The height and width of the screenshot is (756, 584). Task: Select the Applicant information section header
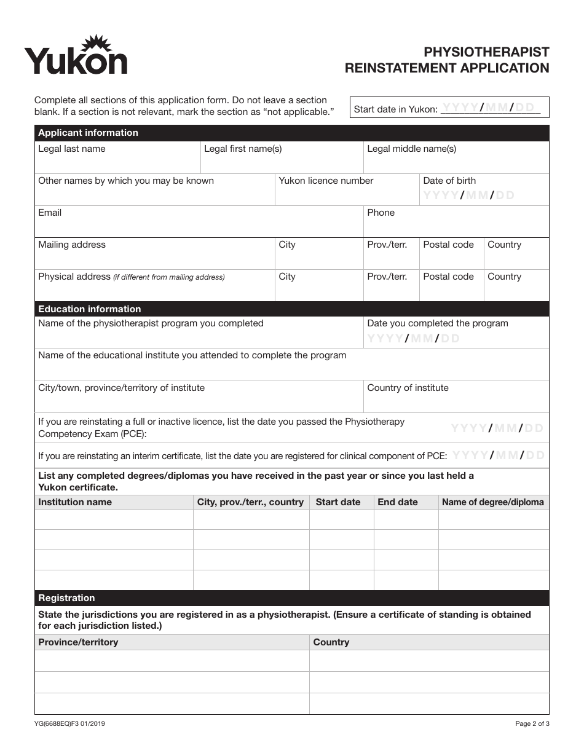coord(88,133)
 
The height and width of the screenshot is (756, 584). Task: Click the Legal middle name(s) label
coord(411,149)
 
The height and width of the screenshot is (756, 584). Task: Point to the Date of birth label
coord(449,181)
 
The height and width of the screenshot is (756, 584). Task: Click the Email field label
coord(50,213)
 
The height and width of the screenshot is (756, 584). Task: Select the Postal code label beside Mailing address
coord(448,245)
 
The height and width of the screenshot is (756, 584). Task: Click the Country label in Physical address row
coord(504,277)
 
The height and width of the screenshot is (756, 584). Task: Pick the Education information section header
coord(90,309)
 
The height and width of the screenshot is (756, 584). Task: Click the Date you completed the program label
coord(437,323)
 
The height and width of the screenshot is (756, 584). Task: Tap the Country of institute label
coord(408,388)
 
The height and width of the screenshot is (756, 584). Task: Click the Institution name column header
coord(75,502)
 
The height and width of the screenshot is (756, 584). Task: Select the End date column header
coord(397,502)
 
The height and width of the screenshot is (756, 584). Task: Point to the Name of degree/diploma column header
coord(492,502)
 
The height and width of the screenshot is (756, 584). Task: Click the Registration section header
coord(66,598)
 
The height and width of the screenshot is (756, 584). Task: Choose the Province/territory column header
coord(78,642)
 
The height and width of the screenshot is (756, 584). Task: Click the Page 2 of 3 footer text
coord(532,724)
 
